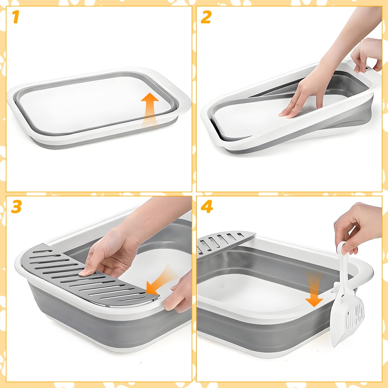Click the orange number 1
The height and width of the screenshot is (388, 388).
[16, 17]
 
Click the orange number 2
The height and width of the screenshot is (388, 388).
[206, 17]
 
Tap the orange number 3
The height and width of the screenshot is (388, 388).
[16, 207]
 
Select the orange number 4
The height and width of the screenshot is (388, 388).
[207, 207]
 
